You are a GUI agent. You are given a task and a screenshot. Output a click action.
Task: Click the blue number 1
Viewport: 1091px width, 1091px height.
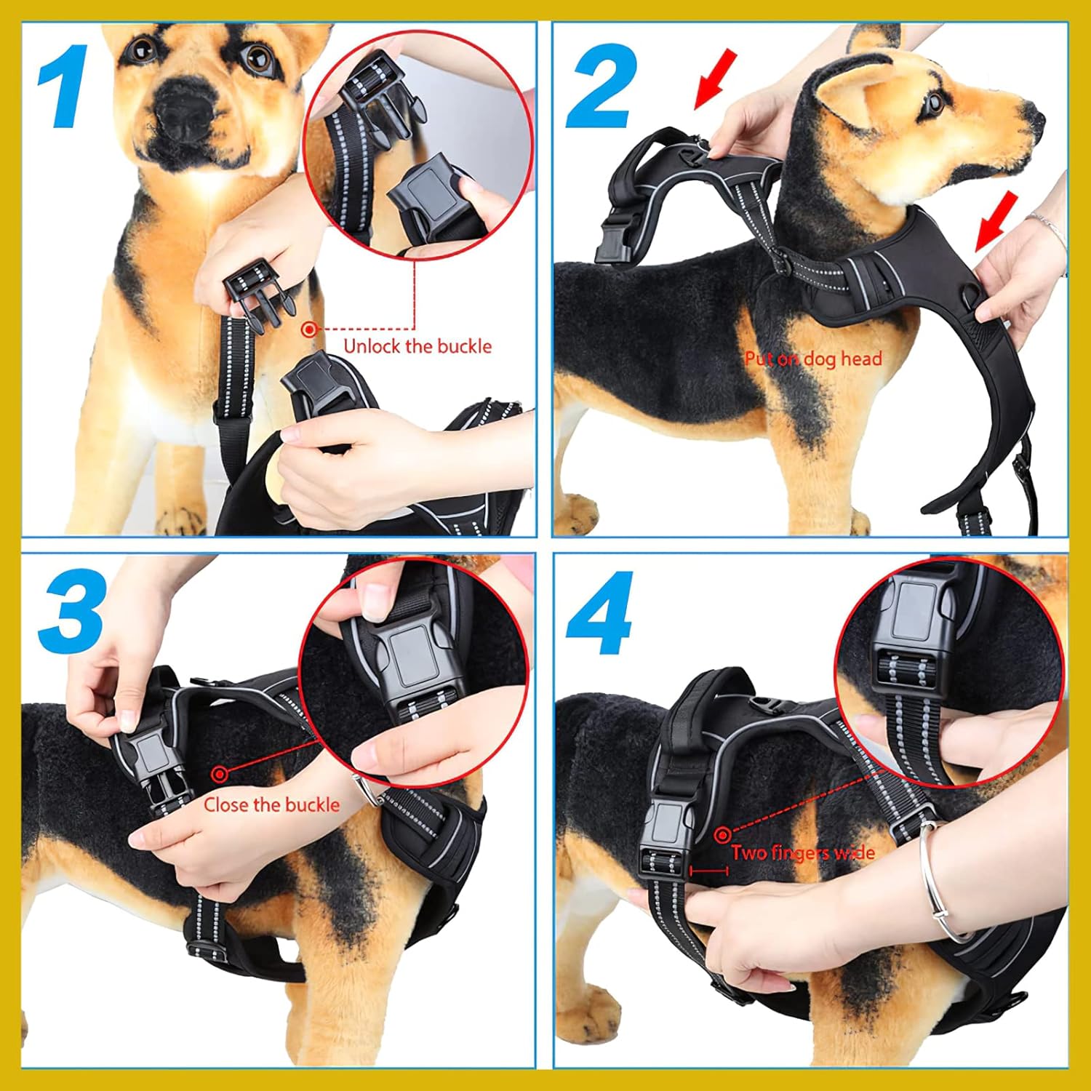point(65,87)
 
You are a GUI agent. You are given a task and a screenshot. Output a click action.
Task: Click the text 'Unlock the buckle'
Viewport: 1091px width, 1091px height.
point(417,346)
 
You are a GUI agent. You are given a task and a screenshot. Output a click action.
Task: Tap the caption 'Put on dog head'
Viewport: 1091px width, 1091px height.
point(813,359)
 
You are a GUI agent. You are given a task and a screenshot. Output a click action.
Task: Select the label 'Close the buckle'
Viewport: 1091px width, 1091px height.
point(271,804)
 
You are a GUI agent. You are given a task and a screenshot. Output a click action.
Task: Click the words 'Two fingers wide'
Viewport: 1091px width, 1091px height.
point(803,852)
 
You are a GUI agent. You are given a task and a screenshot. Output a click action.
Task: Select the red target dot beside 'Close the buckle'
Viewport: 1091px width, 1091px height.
point(219,774)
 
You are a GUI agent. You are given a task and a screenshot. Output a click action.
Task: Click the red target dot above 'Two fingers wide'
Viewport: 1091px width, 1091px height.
point(722,834)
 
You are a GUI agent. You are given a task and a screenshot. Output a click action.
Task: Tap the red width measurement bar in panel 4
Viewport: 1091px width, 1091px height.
point(709,871)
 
